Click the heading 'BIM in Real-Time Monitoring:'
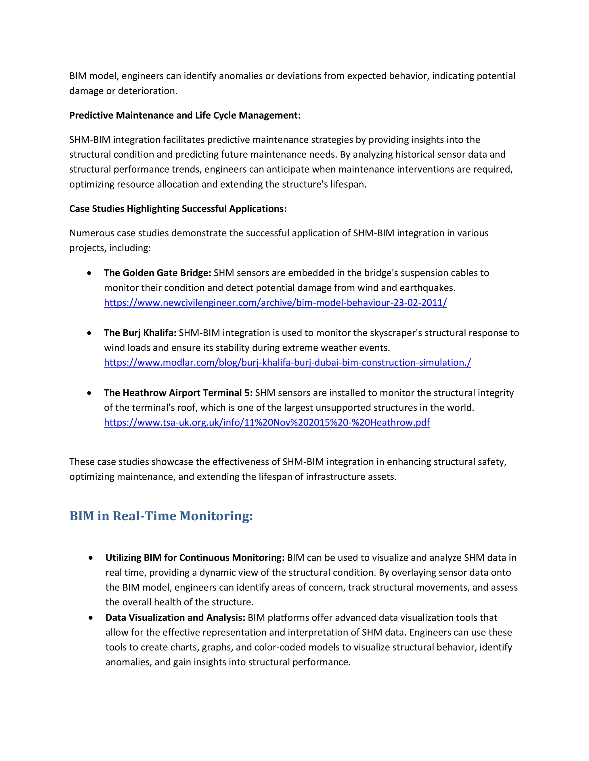point(161,516)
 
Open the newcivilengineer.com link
point(275,302)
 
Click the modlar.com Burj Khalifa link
point(287,362)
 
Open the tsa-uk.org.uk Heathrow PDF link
point(267,422)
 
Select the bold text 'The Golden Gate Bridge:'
point(157,273)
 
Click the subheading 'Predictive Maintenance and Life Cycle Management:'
point(185,115)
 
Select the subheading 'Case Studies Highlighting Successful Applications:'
point(178,209)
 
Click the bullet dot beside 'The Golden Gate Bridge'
point(89,273)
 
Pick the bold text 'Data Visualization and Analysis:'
point(175,617)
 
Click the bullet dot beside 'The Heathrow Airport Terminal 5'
point(89,393)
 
